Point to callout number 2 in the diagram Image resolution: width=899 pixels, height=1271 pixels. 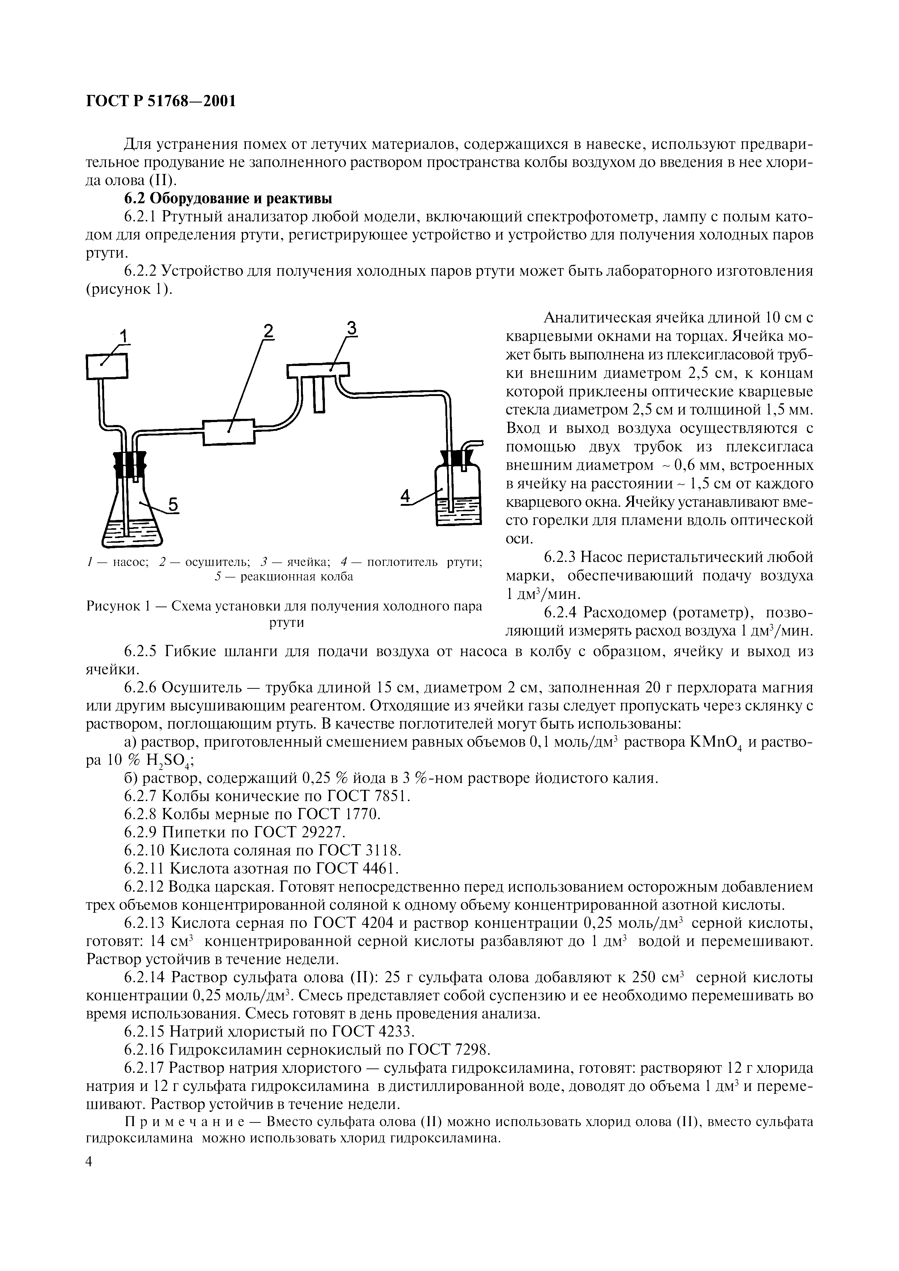[x=268, y=330]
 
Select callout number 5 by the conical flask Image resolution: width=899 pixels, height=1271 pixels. [x=173, y=504]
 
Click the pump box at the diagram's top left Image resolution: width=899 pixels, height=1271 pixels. [x=107, y=366]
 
